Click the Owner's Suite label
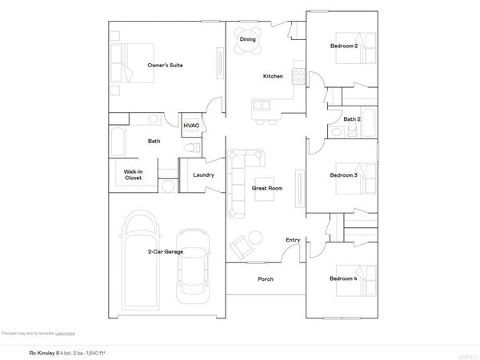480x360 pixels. (x=165, y=64)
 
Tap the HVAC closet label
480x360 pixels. (x=191, y=126)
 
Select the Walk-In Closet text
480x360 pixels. (x=133, y=174)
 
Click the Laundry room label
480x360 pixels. (x=202, y=174)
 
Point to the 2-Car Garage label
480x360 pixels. (x=166, y=252)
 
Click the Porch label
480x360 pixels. (x=265, y=279)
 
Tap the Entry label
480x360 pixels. (x=293, y=240)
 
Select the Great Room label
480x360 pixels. (x=267, y=188)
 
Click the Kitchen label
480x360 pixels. (x=274, y=77)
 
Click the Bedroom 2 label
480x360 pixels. (x=344, y=46)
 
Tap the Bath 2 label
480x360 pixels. (x=351, y=119)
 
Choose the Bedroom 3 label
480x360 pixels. (x=344, y=174)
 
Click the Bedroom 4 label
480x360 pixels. (x=344, y=278)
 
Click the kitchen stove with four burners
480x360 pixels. (x=298, y=78)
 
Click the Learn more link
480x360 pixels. (x=66, y=333)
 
